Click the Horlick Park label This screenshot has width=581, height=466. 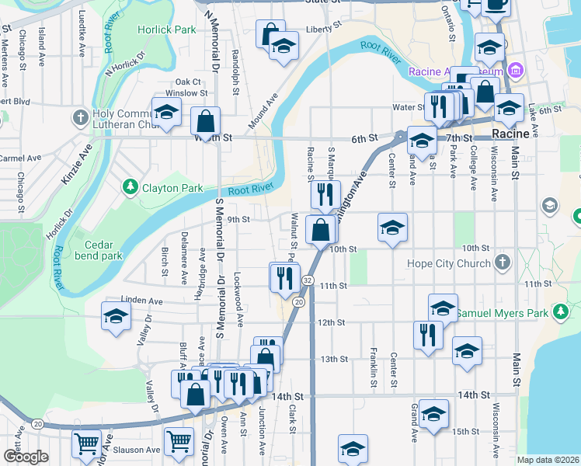[166, 30]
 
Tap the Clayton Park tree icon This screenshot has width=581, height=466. [130, 187]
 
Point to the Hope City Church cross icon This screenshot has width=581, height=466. [502, 263]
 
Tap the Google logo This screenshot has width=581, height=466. [25, 457]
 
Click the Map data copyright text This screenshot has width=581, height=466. [548, 460]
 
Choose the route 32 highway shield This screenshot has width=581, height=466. [308, 280]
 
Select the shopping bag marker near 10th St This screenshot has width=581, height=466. [322, 229]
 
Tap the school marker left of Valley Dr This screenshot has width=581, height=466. [116, 316]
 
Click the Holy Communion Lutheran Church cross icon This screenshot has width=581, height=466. [79, 118]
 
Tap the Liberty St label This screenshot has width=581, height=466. [324, 28]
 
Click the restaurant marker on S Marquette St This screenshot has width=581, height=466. [325, 194]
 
